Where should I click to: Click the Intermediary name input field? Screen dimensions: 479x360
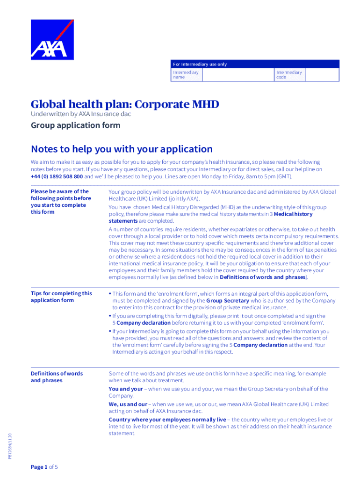[x=238, y=75]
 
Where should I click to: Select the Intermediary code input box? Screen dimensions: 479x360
[x=322, y=75]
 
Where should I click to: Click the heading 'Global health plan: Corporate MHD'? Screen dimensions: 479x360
[x=125, y=104]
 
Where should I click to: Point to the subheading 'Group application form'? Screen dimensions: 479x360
[x=75, y=125]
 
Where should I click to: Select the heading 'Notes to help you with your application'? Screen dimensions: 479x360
[x=122, y=149]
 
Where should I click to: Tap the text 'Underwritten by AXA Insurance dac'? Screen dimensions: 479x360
[x=81, y=114]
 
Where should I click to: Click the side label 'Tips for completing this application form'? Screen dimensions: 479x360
[x=61, y=297]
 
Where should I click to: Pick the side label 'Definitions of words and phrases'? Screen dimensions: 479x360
[x=57, y=377]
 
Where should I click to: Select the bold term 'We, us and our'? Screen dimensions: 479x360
[x=128, y=404]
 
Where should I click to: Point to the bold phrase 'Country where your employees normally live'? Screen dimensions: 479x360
[x=167, y=420]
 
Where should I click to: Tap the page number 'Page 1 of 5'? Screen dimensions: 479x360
[x=44, y=467]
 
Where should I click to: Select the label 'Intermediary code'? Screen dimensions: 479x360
[x=289, y=75]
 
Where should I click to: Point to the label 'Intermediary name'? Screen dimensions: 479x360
[x=186, y=75]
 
